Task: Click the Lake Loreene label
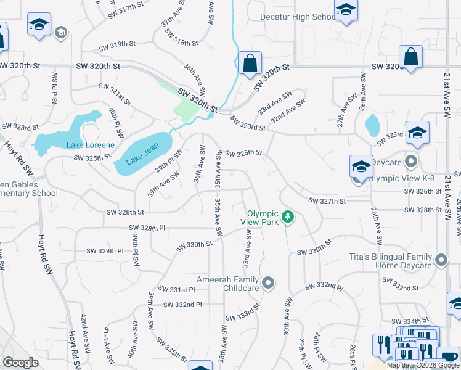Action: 90,145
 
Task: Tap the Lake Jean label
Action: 142,154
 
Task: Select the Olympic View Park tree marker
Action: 287,216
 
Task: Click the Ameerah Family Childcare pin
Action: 267,284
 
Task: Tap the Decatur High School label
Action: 298,17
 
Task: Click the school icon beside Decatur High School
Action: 346,10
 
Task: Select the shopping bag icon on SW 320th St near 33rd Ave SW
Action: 249,63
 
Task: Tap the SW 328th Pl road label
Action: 149,228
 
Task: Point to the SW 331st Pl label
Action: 177,289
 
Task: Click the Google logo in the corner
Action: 20,363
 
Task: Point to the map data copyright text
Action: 423,365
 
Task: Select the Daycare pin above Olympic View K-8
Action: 412,163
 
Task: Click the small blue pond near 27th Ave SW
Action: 372,125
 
